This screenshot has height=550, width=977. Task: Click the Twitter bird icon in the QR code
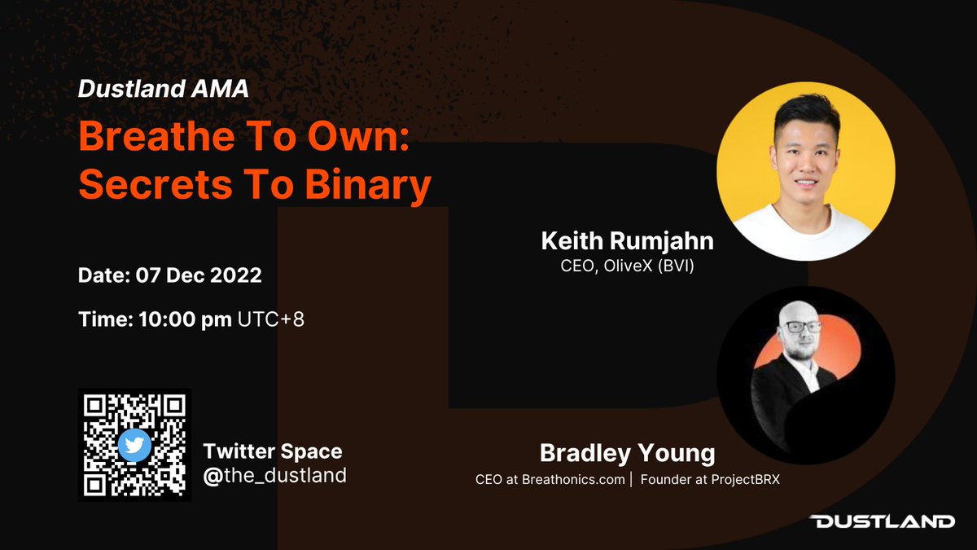pyautogui.click(x=134, y=445)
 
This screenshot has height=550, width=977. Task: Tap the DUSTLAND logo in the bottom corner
pyautogui.click(x=883, y=521)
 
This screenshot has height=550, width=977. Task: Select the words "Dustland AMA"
pyautogui.click(x=163, y=90)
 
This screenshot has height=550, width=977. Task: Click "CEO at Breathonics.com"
pyautogui.click(x=550, y=480)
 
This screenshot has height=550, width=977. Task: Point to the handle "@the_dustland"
pyautogui.click(x=274, y=475)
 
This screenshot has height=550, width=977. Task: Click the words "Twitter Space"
pyautogui.click(x=273, y=451)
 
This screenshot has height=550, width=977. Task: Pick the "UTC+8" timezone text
pyautogui.click(x=271, y=319)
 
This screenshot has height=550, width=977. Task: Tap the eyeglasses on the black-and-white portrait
pyautogui.click(x=800, y=326)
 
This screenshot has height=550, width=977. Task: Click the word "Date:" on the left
pyautogui.click(x=103, y=275)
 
